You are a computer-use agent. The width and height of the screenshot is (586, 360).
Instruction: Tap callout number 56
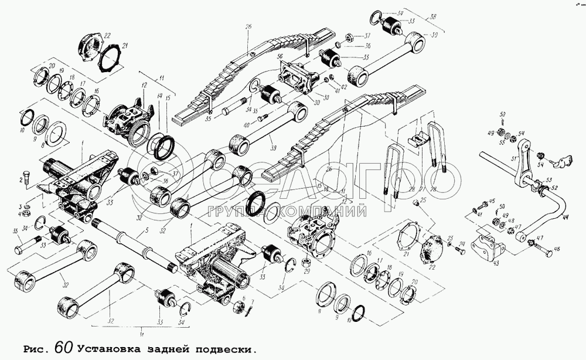280,57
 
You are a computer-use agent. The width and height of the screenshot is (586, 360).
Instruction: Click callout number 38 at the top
432,18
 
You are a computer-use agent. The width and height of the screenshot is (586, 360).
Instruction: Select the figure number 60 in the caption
65,347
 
